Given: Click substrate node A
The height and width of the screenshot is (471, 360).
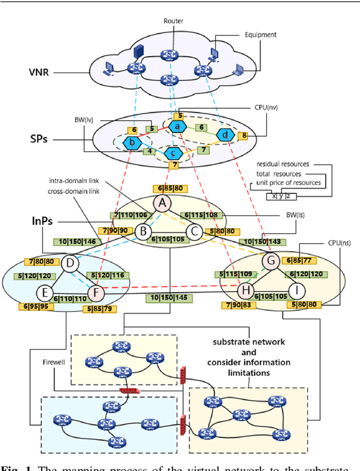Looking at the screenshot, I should [163, 202].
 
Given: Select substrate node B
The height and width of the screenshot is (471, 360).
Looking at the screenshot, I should [143, 230].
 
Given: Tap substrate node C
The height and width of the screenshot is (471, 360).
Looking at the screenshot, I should [194, 230].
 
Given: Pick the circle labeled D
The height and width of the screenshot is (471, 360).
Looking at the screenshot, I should [70, 263].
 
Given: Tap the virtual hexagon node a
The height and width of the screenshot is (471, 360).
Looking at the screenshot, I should [177, 127].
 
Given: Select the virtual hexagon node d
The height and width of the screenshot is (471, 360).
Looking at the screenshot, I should [225, 135].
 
